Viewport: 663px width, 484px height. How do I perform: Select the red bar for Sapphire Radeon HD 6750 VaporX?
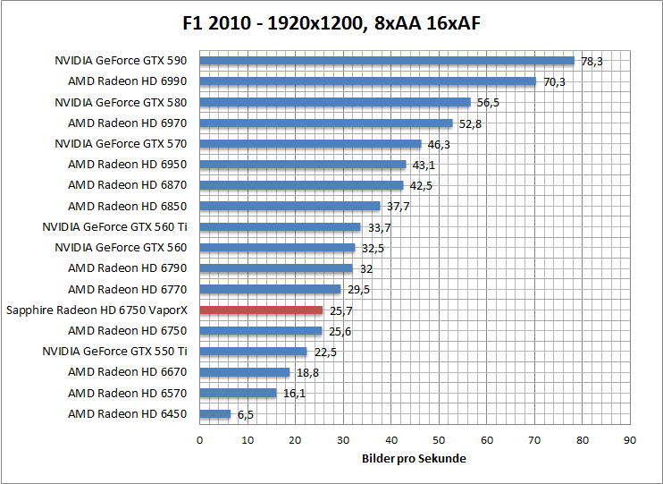[x=261, y=310]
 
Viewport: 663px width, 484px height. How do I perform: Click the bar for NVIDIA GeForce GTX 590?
[x=386, y=61]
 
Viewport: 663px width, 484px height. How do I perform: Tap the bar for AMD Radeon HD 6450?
[x=214, y=414]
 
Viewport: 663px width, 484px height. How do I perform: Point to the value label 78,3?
[x=592, y=61]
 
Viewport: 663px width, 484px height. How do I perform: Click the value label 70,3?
[x=554, y=81]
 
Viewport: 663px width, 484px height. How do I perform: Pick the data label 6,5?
[x=247, y=414]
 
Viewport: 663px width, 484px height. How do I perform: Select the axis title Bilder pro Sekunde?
[x=414, y=458]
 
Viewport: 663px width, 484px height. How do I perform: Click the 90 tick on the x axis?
[x=629, y=440]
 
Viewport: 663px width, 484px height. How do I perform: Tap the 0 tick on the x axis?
[x=199, y=440]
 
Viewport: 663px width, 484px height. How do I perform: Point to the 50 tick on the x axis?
[x=439, y=440]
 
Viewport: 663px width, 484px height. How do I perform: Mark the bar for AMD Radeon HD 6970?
[x=325, y=123]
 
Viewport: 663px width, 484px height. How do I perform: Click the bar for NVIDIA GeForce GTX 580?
[x=334, y=102]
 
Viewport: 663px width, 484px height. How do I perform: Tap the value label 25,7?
[x=340, y=310]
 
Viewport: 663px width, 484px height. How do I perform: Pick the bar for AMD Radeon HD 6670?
[x=244, y=372]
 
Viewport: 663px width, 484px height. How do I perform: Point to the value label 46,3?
[x=439, y=144]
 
